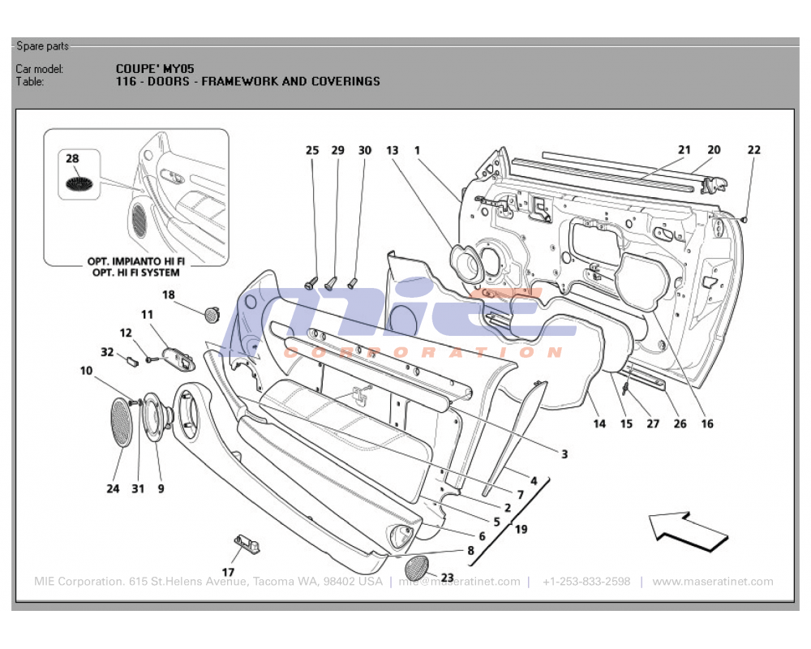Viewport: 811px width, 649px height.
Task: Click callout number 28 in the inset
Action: pos(72,160)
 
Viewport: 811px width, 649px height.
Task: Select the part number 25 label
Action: pos(312,150)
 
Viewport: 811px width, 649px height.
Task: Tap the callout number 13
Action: pos(393,150)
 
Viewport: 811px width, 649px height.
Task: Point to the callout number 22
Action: pos(754,150)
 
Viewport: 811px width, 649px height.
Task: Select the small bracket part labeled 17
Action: pos(249,543)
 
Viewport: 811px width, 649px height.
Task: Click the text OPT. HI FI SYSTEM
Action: pos(135,273)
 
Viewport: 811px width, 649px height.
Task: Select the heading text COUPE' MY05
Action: pos(155,69)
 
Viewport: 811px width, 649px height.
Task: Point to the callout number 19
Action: pos(521,530)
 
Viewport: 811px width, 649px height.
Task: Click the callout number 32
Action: pos(107,352)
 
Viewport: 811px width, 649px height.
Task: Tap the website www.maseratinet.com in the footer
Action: pos(712,582)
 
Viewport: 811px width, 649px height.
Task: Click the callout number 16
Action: pos(707,423)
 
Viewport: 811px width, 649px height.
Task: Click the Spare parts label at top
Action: pos(42,46)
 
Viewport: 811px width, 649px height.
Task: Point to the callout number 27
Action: pos(653,423)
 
